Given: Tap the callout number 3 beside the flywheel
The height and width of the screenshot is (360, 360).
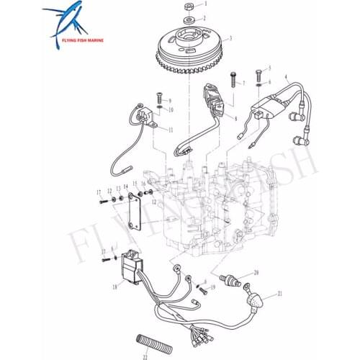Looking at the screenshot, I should (x=230, y=38).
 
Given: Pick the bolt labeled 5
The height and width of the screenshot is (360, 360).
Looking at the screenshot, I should (x=258, y=73).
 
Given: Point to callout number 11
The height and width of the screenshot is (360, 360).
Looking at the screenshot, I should (x=170, y=130).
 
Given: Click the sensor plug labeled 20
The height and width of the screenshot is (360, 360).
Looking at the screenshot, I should (x=233, y=279).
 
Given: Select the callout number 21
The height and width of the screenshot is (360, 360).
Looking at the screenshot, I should (x=280, y=294).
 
